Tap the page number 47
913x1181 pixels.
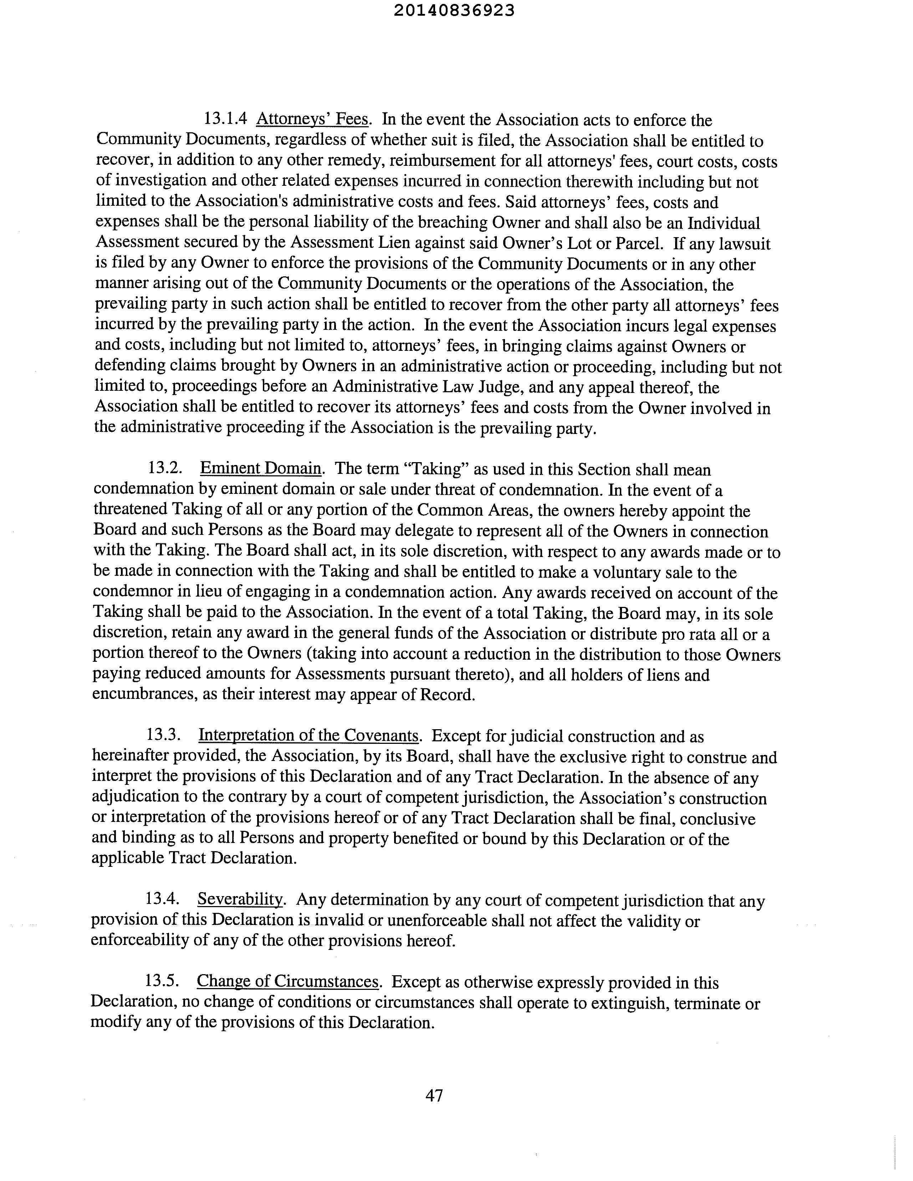coord(434,1095)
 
